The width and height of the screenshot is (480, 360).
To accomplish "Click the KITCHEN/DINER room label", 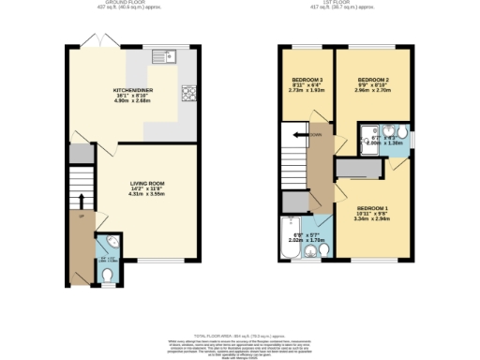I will pos(132,89).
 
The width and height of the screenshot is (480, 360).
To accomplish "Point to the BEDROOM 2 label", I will pos(372,80).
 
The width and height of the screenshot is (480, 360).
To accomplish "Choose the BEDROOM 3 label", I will pos(307,80).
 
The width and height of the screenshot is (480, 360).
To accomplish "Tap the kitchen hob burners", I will pos(187,93).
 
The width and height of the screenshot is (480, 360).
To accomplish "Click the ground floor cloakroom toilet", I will pos(107,274).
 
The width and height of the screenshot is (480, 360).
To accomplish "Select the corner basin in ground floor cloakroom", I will pos(102,241).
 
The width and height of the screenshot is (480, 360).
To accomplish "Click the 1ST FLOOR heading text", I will pos(350,3).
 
